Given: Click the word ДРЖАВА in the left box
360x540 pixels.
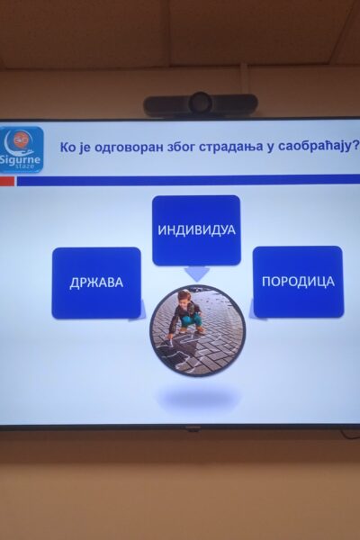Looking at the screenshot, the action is click(x=96, y=283).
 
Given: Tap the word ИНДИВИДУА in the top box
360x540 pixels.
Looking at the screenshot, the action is click(x=196, y=230).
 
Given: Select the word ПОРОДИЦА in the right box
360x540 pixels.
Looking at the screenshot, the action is click(x=298, y=282).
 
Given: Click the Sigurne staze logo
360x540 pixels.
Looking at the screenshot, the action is click(x=22, y=149).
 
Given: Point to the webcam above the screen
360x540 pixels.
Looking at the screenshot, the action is click(x=201, y=104).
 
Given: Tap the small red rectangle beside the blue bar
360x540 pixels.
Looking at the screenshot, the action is click(x=7, y=181).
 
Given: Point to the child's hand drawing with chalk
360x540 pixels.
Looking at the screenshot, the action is click(x=168, y=337).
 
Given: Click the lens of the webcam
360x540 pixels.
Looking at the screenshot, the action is click(x=201, y=103).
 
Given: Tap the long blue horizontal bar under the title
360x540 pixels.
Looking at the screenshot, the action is click(x=188, y=180).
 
